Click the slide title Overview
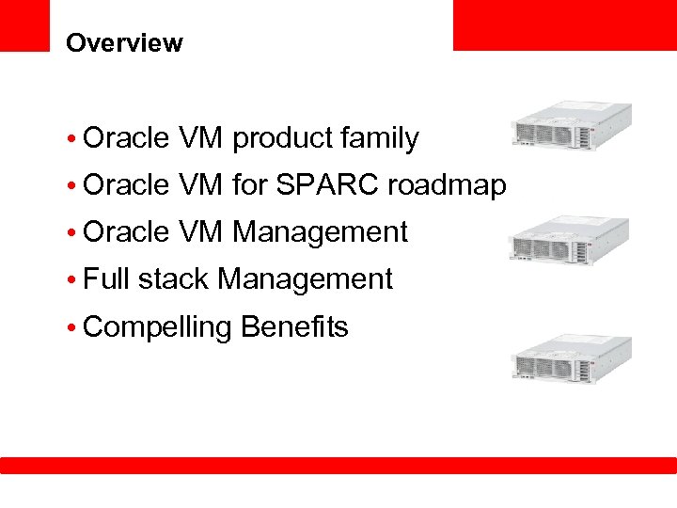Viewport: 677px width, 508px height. tap(124, 43)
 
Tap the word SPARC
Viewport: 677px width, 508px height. tap(324, 186)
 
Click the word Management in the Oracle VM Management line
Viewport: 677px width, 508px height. tap(320, 232)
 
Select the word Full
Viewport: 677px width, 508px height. tap(106, 279)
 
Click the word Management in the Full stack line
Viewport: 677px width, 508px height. tap(305, 279)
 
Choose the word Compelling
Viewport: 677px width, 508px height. tap(157, 327)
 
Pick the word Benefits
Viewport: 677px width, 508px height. tap(294, 327)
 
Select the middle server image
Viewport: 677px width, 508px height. tap(571, 241)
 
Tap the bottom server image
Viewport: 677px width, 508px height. tap(571, 358)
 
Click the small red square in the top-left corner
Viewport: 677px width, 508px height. tap(24, 24)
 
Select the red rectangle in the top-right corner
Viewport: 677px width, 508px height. tap(564, 24)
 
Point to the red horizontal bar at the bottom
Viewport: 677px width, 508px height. tap(338, 465)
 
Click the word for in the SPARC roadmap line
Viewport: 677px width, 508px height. tap(249, 186)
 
